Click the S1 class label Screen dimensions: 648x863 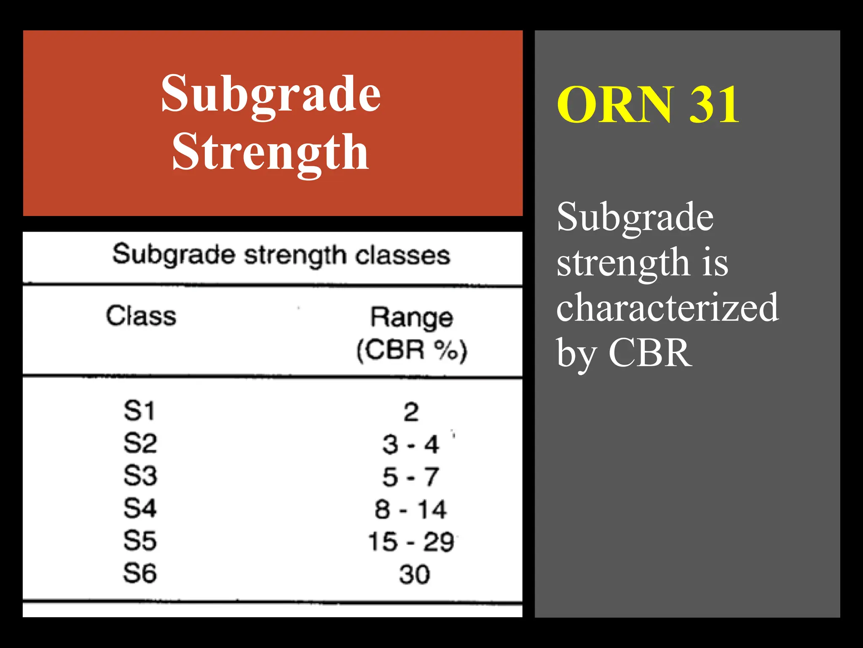click(x=139, y=411)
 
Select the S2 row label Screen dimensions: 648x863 click(x=140, y=443)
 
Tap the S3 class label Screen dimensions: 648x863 click(x=140, y=476)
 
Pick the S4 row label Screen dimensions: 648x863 click(x=140, y=508)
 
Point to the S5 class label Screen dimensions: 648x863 click(x=140, y=541)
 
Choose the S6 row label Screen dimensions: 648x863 click(x=140, y=573)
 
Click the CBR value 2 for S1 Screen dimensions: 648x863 click(x=411, y=412)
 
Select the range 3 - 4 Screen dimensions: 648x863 click(x=411, y=445)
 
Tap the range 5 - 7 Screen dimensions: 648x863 click(x=411, y=477)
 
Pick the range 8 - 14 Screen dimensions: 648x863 click(x=411, y=510)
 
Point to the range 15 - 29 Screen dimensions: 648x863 click(x=411, y=542)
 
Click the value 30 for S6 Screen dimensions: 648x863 click(x=414, y=575)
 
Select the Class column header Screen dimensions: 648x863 click(x=141, y=316)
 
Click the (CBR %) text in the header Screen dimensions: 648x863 click(x=412, y=350)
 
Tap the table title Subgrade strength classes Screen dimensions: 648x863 click(x=281, y=255)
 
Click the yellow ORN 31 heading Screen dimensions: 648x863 click(x=648, y=104)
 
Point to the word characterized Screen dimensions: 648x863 click(x=667, y=307)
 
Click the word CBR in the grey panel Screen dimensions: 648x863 click(x=650, y=353)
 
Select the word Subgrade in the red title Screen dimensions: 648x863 click(x=271, y=94)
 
